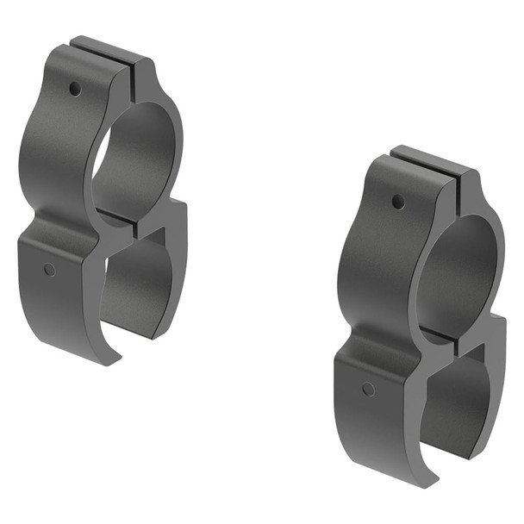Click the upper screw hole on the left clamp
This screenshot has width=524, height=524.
pos(76,88)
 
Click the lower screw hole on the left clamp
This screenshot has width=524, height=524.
pos(49,269)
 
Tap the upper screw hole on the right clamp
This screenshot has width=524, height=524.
pos(397,202)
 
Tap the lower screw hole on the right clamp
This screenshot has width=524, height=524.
pos(368,389)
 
